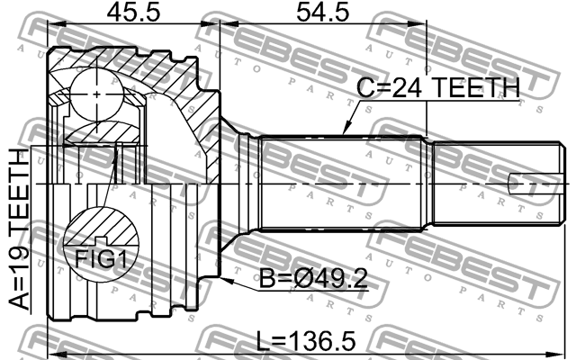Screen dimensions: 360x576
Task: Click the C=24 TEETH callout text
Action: click(439, 87)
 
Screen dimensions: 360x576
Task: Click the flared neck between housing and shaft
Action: click(238, 180)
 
